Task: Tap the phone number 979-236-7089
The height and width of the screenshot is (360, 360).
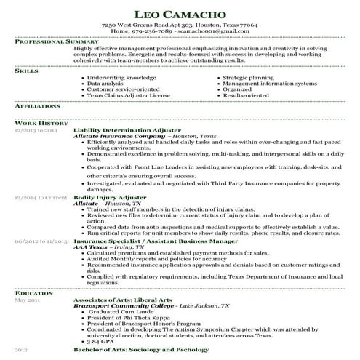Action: click(x=152, y=31)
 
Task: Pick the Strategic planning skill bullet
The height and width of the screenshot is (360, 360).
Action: click(x=249, y=76)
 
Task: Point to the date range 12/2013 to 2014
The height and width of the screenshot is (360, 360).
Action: click(x=36, y=129)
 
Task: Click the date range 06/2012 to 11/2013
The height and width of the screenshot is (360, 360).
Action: click(x=41, y=239)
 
